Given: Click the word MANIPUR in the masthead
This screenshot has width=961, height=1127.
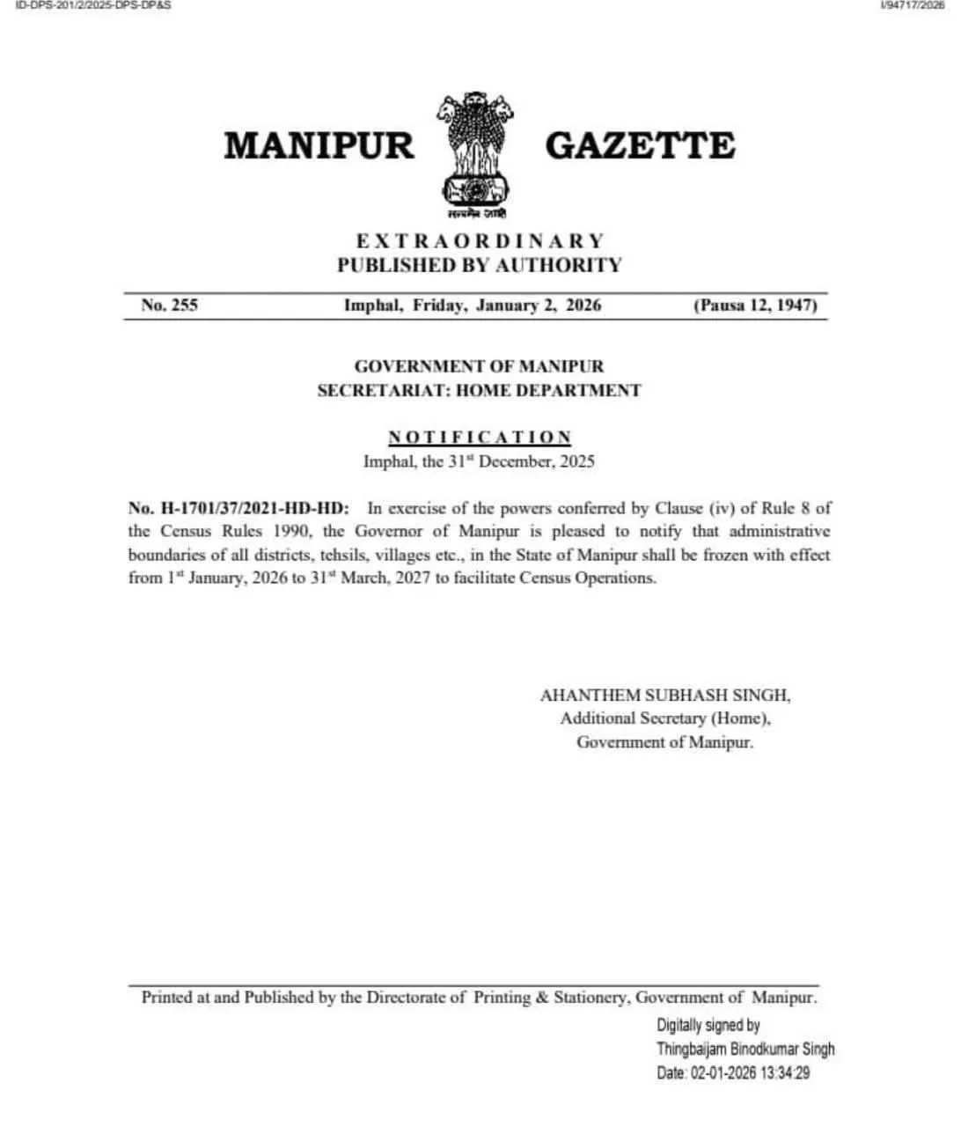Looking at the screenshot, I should point(319,145).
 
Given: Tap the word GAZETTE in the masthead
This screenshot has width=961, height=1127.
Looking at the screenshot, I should point(640,145).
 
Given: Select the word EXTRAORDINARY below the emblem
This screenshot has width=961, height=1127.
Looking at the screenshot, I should point(480,241).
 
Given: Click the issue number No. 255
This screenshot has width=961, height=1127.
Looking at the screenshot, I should point(169,306).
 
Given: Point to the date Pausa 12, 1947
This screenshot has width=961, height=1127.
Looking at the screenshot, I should point(755,306).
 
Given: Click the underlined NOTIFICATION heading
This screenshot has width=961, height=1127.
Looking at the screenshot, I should point(480,437).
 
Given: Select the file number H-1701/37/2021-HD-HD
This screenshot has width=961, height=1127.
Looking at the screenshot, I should point(238,508).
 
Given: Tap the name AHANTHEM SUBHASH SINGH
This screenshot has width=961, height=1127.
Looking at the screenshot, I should point(664,696).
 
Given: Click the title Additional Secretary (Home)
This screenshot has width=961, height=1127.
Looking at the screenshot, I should point(665,718).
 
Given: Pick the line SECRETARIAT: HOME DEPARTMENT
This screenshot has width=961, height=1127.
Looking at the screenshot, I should point(480,390).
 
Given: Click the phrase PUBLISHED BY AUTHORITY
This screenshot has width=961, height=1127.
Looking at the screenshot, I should point(480,265).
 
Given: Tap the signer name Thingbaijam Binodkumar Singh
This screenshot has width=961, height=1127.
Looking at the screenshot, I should point(745,1050).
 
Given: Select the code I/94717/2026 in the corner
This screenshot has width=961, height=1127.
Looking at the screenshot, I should point(912,5).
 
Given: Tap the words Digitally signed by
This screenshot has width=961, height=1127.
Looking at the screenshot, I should point(708,1025).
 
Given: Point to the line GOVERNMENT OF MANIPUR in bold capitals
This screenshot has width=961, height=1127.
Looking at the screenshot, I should point(480,366).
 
